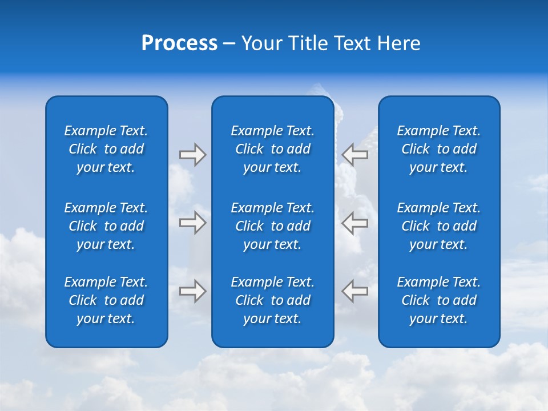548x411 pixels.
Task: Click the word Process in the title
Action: click(x=179, y=43)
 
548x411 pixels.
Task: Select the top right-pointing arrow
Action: click(x=192, y=155)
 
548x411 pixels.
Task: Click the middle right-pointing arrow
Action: click(x=192, y=223)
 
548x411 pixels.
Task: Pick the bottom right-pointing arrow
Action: click(x=192, y=291)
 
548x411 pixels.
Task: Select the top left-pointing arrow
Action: click(x=355, y=155)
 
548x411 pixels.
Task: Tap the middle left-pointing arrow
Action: click(x=355, y=223)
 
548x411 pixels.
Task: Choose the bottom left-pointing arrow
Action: click(x=355, y=291)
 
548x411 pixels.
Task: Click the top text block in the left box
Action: click(x=106, y=149)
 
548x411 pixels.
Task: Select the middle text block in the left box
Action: click(x=106, y=226)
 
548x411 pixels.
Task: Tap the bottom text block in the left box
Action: click(x=106, y=300)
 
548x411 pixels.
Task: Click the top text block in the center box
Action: click(x=273, y=149)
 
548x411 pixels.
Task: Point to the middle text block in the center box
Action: click(x=273, y=226)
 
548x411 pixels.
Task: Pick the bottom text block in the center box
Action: click(x=273, y=300)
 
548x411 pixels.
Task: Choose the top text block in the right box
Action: click(x=439, y=149)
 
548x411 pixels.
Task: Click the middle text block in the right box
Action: click(x=439, y=226)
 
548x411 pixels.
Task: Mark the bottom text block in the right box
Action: click(x=439, y=300)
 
